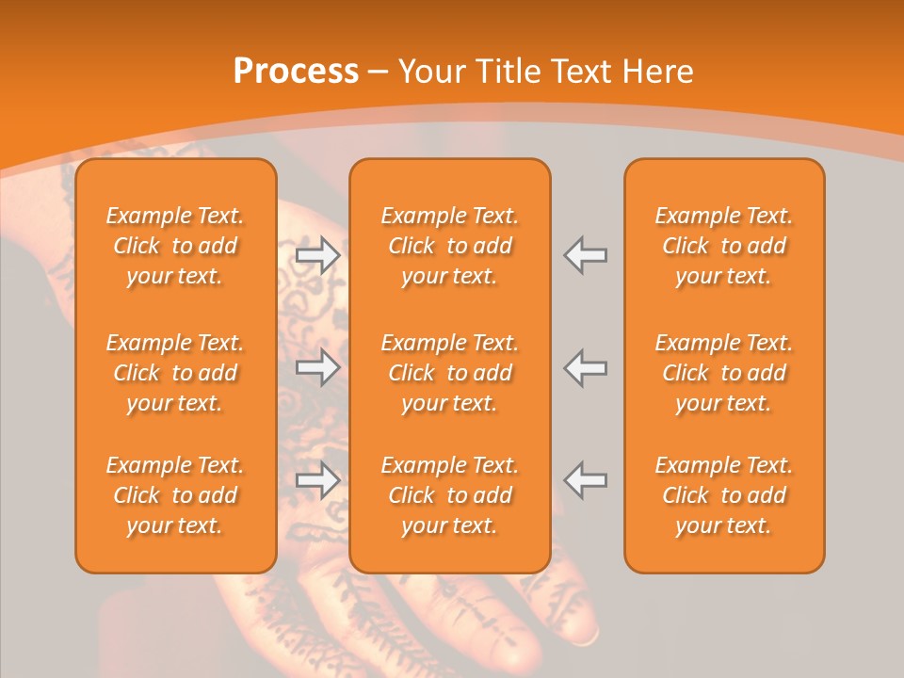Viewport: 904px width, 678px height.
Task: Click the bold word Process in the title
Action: click(296, 72)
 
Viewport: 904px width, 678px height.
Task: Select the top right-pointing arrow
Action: click(317, 255)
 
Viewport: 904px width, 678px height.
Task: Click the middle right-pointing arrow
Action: click(317, 367)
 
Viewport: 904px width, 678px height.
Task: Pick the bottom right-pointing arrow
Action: click(317, 479)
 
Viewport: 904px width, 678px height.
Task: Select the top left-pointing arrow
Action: click(586, 255)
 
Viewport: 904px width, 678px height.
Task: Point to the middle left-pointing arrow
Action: click(586, 367)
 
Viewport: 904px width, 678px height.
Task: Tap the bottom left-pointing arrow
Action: click(586, 479)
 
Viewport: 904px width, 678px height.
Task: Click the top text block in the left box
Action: click(175, 246)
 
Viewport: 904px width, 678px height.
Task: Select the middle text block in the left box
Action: click(175, 373)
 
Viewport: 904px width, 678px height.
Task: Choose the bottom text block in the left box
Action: click(175, 495)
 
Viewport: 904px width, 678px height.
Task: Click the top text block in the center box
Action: click(449, 246)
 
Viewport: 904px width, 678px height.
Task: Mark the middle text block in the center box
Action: click(449, 373)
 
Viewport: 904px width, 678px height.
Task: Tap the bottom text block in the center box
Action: click(449, 495)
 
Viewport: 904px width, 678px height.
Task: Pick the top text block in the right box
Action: click(723, 246)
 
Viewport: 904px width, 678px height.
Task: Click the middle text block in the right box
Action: click(723, 373)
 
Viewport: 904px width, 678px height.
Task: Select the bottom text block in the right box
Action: click(723, 495)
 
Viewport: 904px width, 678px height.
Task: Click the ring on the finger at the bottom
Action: click(585, 635)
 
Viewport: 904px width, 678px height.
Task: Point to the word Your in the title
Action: click(431, 72)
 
